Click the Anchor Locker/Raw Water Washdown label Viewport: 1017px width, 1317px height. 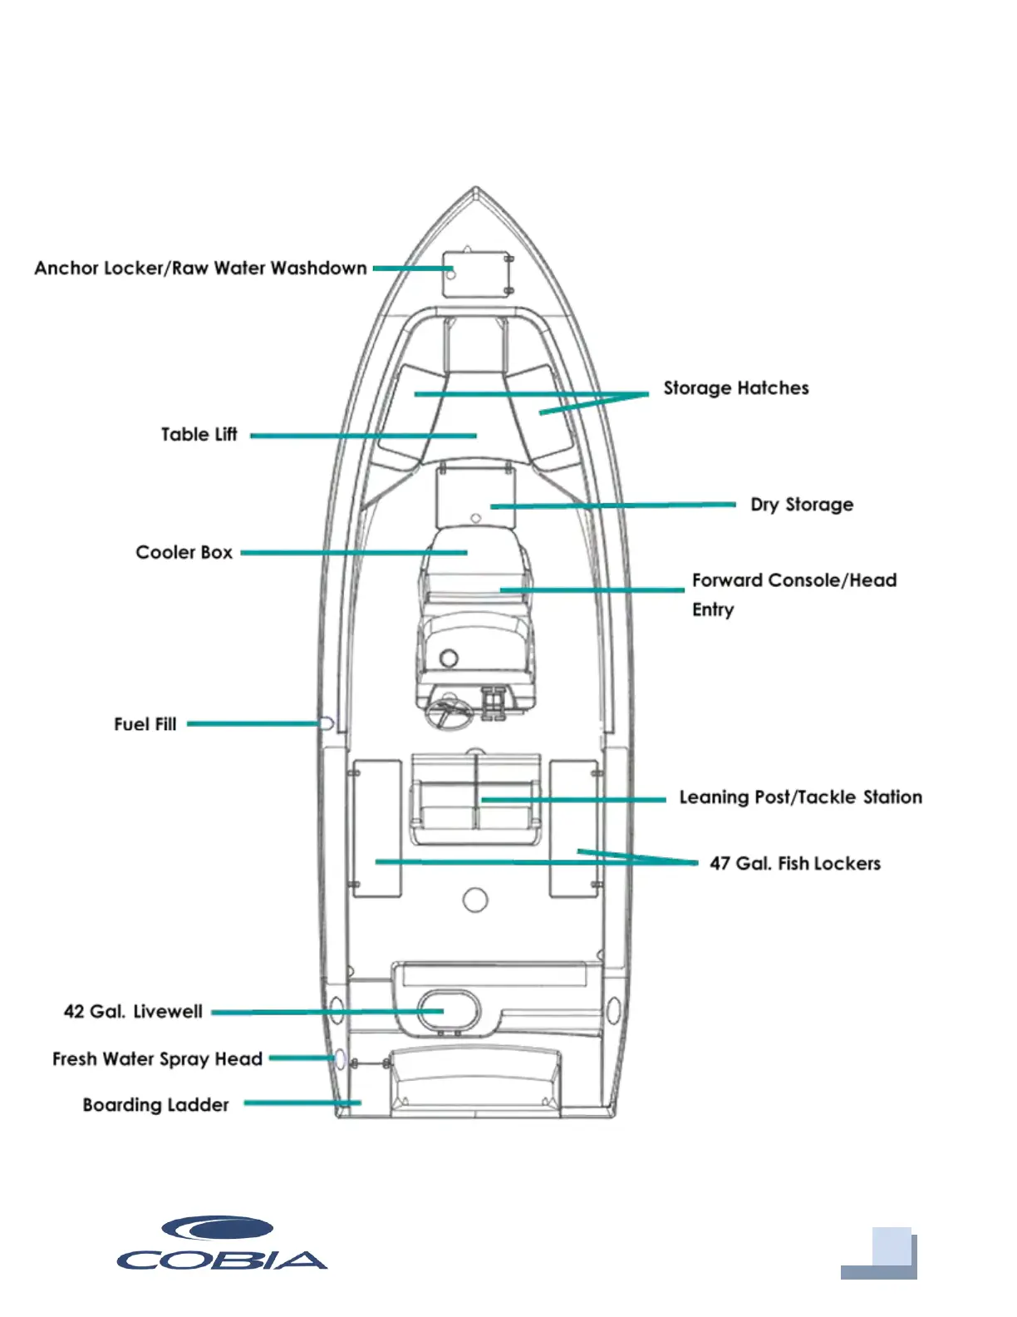[x=200, y=268]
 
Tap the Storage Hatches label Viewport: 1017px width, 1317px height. [x=735, y=388]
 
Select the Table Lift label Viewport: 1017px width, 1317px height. [x=199, y=434]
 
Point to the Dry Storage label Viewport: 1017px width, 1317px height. [x=801, y=505]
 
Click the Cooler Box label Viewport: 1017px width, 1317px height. [x=184, y=553]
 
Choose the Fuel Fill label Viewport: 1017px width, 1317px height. [x=145, y=724]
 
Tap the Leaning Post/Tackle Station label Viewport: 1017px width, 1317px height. [x=800, y=797]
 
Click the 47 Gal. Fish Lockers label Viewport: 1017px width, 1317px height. [x=794, y=863]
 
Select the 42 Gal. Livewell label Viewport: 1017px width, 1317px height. [x=133, y=1011]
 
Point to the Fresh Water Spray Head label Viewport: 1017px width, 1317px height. [x=157, y=1058]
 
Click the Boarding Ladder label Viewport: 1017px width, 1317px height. [x=155, y=1105]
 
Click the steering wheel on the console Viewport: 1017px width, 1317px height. [x=449, y=714]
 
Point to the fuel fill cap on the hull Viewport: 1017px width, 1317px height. [x=327, y=723]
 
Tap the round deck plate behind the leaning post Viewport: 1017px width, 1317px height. [x=475, y=900]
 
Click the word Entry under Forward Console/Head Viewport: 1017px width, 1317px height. [x=713, y=609]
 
